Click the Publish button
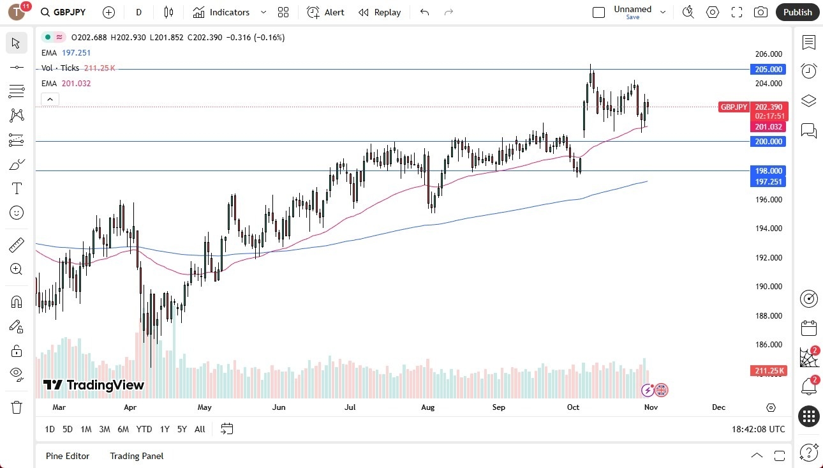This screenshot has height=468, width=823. point(797,12)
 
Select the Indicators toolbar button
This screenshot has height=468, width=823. point(221,12)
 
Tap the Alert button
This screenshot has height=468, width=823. point(325,12)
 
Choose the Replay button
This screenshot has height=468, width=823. point(380,12)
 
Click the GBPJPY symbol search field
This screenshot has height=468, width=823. point(64,12)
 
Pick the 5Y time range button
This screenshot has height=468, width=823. point(182,429)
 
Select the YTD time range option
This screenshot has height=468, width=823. point(144,429)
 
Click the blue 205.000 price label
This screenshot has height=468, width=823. point(768,69)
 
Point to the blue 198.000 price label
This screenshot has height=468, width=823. point(768,170)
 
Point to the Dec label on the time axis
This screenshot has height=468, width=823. point(718,407)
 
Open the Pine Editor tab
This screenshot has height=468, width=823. point(68,456)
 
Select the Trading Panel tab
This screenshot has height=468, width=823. point(137,456)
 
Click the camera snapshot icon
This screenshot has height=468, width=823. point(760,12)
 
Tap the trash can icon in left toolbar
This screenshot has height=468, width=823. point(17,407)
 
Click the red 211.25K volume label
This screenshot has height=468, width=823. point(769,371)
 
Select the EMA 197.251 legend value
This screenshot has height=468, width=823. point(76,52)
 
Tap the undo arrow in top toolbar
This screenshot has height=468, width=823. point(425,12)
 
